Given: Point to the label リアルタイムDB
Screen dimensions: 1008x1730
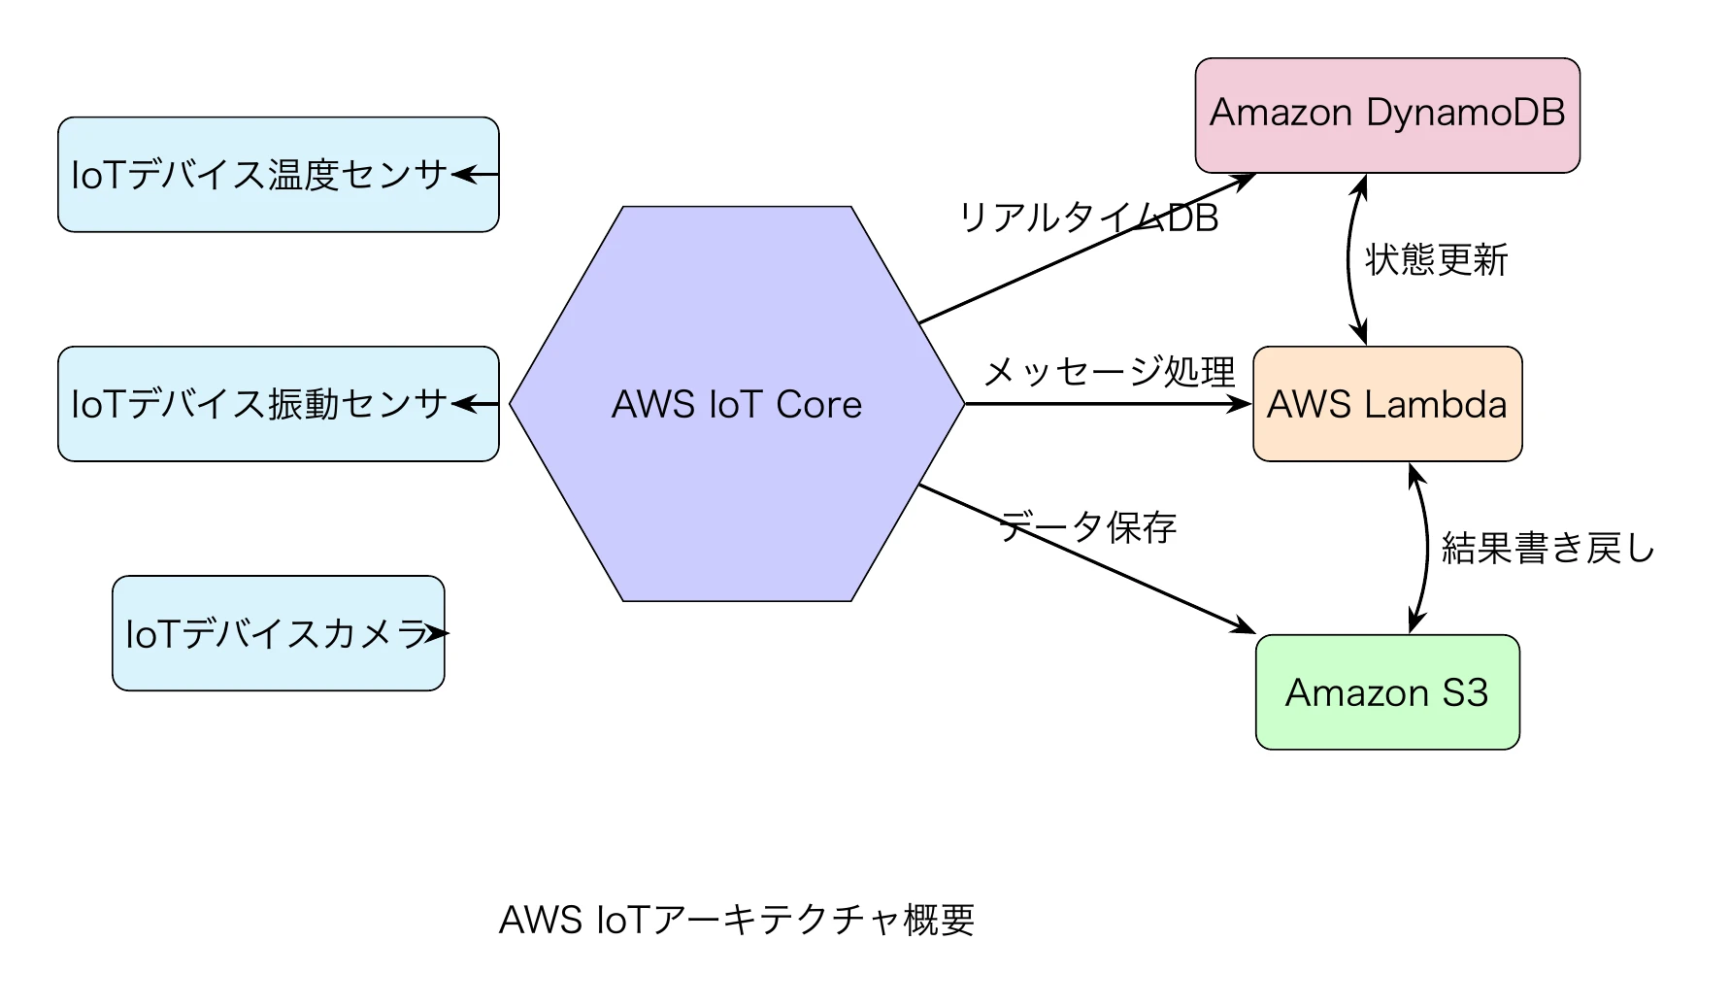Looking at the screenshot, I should point(1087,218).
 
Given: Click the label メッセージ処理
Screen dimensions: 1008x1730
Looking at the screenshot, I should point(1109,371).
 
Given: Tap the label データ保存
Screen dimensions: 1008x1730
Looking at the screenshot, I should point(1087,527).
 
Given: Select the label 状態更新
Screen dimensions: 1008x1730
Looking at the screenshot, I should point(1436,260).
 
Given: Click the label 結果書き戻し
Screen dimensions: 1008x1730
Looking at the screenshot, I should point(1547,549).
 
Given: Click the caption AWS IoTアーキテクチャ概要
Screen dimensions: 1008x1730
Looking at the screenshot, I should point(736,920).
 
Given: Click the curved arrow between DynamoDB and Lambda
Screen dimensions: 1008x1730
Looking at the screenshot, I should point(1349,260).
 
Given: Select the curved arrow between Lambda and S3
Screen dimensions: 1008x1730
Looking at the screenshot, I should point(1427,549).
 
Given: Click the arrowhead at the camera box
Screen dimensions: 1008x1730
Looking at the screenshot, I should point(440,633).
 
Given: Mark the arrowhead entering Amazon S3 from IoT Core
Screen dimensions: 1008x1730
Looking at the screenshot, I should point(1244,626).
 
